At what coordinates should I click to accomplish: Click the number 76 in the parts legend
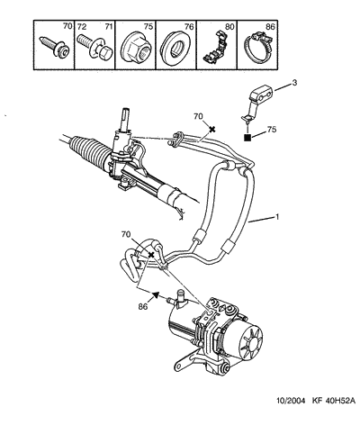[x=189, y=27]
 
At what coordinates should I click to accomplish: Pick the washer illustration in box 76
[x=175, y=48]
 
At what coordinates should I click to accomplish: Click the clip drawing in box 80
[x=216, y=45]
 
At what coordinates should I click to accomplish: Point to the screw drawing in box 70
[x=55, y=47]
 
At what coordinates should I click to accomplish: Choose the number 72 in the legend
[x=82, y=27]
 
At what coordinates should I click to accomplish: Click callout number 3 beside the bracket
[x=294, y=82]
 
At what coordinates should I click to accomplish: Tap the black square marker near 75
[x=247, y=138]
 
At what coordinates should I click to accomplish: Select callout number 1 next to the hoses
[x=277, y=216]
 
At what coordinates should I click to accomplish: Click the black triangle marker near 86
[x=156, y=294]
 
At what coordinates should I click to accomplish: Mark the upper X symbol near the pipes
[x=212, y=129]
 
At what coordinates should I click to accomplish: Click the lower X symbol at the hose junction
[x=151, y=255]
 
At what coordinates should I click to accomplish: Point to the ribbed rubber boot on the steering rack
[x=88, y=149]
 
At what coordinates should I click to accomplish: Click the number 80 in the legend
[x=229, y=27]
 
